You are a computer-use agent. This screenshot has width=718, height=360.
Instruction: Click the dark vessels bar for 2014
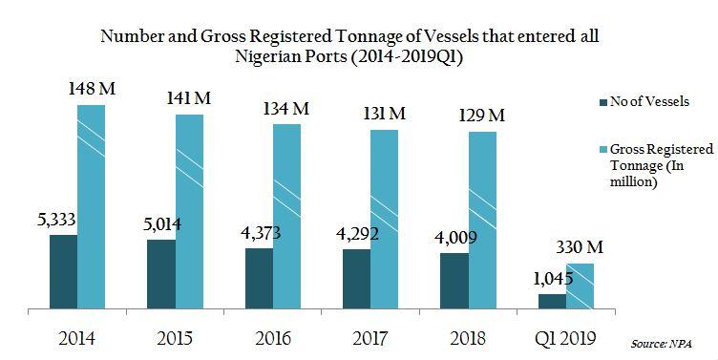(63, 272)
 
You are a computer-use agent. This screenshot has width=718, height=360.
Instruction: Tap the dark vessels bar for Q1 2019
(552, 302)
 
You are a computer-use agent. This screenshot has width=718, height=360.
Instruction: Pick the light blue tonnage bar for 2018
(483, 221)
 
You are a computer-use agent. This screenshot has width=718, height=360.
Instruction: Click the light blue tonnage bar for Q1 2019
(580, 286)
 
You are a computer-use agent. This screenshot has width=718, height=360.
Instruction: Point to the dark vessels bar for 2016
(259, 279)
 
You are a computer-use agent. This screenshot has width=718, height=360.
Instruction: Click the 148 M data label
(92, 90)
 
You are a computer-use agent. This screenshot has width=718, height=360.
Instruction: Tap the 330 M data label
(580, 248)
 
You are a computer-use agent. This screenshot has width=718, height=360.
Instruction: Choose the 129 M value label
(482, 116)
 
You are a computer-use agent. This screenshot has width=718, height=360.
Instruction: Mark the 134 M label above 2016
(287, 109)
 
